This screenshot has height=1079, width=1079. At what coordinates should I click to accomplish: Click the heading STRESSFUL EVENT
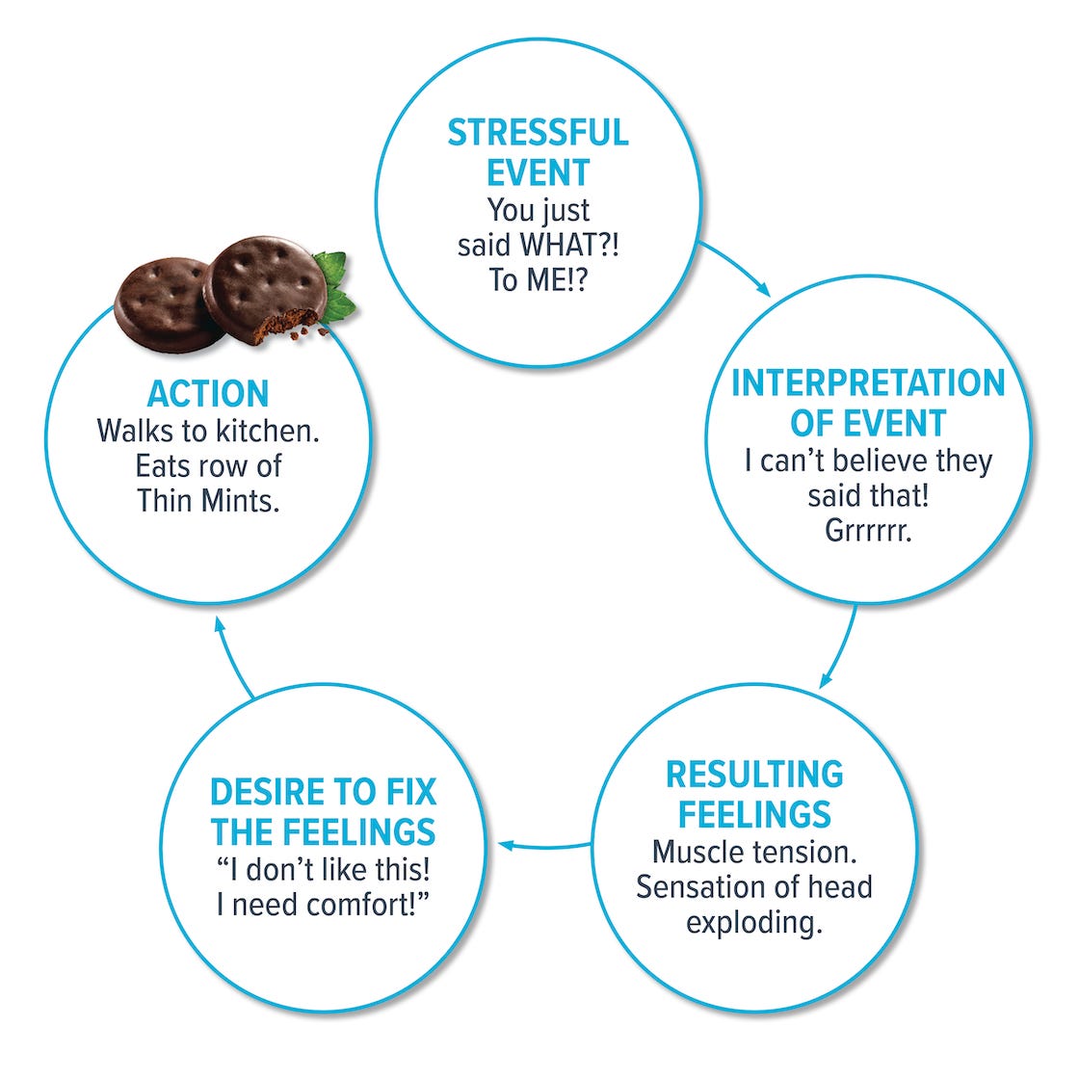pos(538,152)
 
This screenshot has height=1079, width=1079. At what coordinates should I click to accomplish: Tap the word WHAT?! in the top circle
pos(569,246)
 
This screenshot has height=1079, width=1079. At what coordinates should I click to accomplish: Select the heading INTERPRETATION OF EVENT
pos(868,403)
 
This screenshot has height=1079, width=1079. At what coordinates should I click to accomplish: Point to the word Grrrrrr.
pos(868,530)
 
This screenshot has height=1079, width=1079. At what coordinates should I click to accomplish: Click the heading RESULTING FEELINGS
pos(754,794)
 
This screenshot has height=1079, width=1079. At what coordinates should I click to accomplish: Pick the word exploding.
pos(754,922)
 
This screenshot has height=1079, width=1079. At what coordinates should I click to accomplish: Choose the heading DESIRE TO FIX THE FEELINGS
pos(323,811)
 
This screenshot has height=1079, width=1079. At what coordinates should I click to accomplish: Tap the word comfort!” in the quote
pos(367,906)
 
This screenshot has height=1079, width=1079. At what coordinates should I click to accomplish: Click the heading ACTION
pos(208,394)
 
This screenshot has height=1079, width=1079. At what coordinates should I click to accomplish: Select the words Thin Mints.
pos(208,501)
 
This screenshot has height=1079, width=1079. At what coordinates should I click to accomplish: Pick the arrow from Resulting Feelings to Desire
pos(544,847)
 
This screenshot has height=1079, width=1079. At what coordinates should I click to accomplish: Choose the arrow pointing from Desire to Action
pos(231,655)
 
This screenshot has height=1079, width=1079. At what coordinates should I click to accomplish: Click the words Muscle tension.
pos(754,852)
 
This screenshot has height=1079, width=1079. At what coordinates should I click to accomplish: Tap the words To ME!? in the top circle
pos(538,281)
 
